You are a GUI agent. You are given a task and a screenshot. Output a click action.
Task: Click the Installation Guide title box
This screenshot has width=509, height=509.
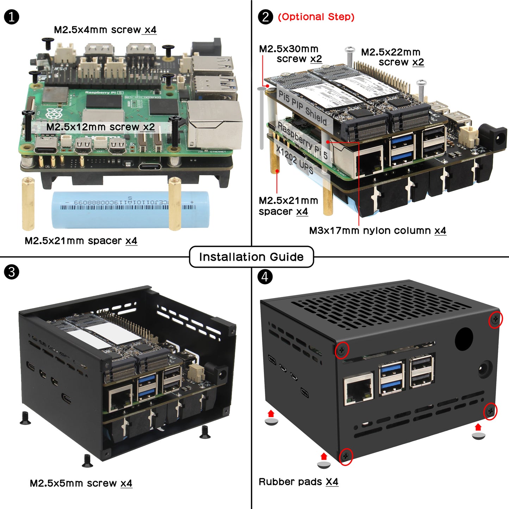[251, 257]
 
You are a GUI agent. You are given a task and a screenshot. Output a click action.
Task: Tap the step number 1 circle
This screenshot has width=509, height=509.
[12, 17]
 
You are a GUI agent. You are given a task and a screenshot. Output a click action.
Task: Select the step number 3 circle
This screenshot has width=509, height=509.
[12, 272]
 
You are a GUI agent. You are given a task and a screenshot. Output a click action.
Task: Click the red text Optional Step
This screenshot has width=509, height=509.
[316, 17]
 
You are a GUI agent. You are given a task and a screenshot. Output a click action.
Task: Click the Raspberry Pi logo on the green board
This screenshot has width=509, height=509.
[54, 114]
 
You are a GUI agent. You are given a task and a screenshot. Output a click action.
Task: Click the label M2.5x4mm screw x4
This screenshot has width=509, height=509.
[105, 30]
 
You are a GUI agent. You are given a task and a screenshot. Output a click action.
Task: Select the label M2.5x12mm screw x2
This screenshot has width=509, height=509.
[100, 127]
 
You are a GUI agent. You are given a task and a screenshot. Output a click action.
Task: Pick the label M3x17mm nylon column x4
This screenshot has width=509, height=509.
[377, 231]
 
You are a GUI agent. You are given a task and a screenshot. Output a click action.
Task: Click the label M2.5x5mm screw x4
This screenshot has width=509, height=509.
[81, 483]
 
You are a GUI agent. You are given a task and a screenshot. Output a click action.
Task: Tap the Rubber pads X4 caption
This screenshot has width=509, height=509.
[298, 482]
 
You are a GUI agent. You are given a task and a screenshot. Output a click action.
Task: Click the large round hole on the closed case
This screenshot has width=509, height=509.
[464, 339]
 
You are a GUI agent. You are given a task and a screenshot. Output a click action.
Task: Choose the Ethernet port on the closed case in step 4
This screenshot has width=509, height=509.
[359, 390]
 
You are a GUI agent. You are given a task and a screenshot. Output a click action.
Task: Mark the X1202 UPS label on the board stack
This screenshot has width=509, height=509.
[294, 160]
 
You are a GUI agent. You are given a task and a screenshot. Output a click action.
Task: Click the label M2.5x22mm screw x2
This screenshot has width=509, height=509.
[392, 57]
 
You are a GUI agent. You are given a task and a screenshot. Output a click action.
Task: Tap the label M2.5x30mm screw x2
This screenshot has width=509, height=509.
[291, 54]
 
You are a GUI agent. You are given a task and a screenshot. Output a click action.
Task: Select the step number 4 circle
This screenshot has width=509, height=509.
[265, 277]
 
